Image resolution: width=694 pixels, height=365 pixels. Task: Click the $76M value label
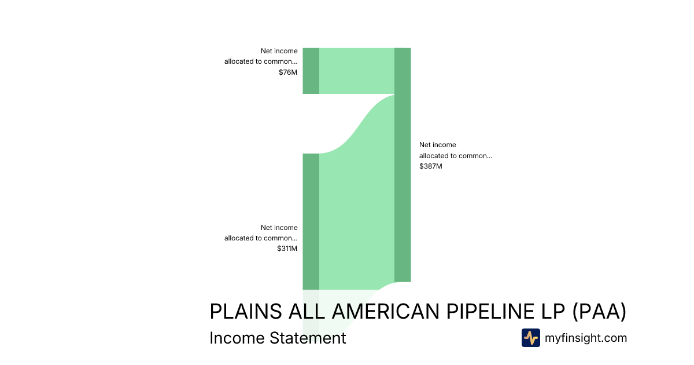coord(288,72)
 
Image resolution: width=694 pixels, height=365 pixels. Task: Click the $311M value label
coord(287,249)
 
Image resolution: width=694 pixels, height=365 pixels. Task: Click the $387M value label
coord(431,166)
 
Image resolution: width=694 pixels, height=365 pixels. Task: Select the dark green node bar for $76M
coord(311,71)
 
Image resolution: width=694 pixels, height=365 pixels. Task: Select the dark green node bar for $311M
coord(311,221)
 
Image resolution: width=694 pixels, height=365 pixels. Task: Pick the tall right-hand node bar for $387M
coord(403,165)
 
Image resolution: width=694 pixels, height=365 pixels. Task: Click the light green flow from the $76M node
coord(357,71)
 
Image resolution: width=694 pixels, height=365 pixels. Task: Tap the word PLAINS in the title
coord(246,311)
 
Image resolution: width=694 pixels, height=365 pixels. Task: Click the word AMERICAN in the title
coord(386,311)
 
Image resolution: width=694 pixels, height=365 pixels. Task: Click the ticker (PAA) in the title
coord(599,311)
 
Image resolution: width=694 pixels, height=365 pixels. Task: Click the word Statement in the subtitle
coord(308,338)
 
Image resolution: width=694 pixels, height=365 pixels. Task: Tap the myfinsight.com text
coord(586,338)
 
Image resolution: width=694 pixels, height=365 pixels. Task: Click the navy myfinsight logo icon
coord(531,338)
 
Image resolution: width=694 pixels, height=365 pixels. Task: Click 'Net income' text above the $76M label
coord(279,51)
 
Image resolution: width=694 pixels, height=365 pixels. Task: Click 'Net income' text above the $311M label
coord(279,228)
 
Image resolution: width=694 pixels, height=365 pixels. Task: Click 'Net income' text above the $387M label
coord(437,145)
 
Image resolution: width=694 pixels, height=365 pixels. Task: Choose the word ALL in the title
coord(307,311)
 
